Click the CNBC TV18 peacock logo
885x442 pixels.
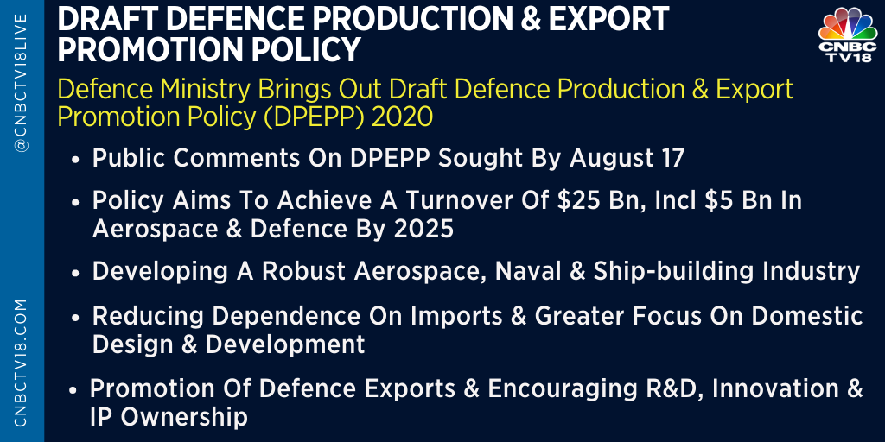point(848,35)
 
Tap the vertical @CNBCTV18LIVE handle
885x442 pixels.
point(22,82)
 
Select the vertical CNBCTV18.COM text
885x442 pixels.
point(22,363)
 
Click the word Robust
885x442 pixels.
point(303,271)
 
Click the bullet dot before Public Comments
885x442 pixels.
point(76,160)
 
